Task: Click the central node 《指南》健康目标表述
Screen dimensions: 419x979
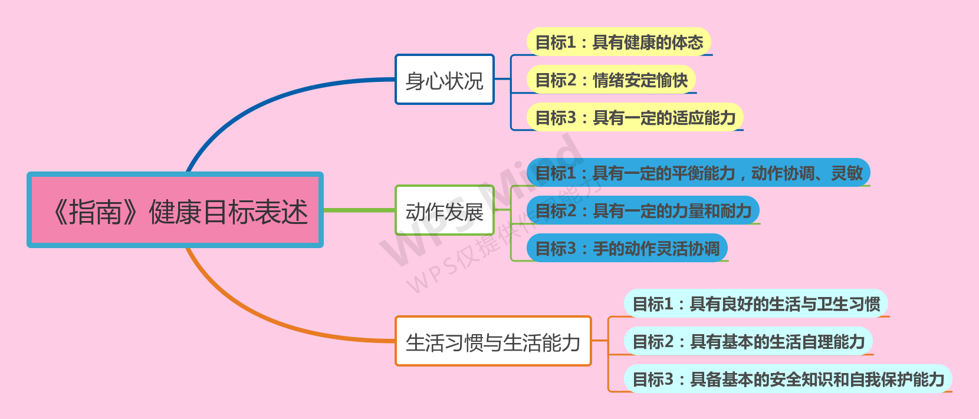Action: (x=175, y=210)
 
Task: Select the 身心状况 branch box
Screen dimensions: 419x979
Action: (x=444, y=80)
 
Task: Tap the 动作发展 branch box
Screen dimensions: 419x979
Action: (x=444, y=210)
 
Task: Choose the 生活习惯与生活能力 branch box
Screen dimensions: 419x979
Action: (x=492, y=341)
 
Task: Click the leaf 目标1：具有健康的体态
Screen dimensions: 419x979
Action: (x=619, y=42)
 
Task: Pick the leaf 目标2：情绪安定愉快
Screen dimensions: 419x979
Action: (x=611, y=80)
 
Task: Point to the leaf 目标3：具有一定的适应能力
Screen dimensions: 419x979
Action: (x=635, y=118)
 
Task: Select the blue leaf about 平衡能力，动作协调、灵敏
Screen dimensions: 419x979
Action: (x=698, y=173)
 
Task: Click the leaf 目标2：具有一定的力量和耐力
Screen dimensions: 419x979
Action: (x=643, y=210)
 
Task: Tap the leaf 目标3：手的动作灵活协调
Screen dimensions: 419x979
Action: (x=627, y=248)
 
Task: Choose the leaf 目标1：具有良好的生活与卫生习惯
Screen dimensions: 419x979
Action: (x=755, y=303)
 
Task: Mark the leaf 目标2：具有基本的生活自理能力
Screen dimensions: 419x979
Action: (x=748, y=341)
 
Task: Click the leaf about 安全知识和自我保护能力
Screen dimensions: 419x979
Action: (x=788, y=379)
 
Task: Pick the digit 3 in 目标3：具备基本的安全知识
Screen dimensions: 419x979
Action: (x=668, y=379)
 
